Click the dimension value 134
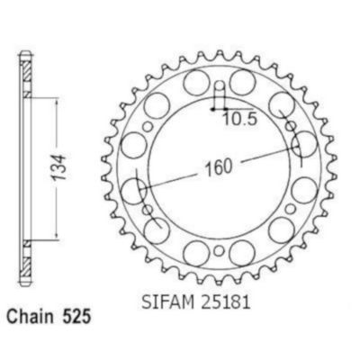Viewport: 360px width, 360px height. (58, 167)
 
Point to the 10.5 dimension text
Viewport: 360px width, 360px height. (240, 120)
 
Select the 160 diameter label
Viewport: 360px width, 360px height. (219, 167)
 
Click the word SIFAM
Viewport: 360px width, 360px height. (167, 302)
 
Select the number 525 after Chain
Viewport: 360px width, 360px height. (76, 318)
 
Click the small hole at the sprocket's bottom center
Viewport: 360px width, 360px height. (220, 250)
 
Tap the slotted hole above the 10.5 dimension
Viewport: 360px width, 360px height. (220, 92)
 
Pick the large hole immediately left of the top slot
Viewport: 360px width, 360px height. (196, 82)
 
